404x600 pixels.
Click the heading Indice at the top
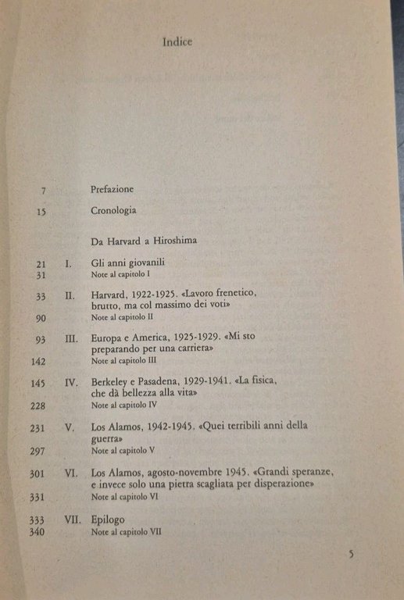pyautogui.click(x=177, y=42)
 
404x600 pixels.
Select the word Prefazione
pyautogui.click(x=113, y=190)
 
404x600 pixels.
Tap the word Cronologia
pyautogui.click(x=114, y=211)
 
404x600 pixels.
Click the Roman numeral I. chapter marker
pyautogui.click(x=68, y=264)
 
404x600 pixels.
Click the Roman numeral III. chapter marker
pyautogui.click(x=71, y=339)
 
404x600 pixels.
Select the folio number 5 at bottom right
pyautogui.click(x=351, y=554)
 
